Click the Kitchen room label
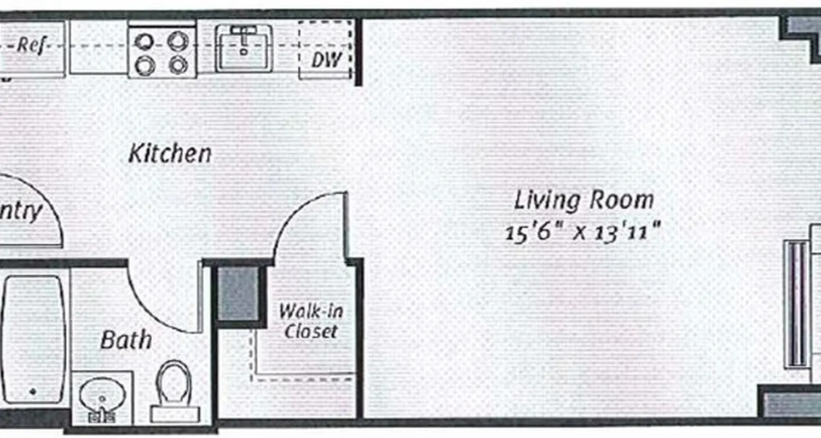click(170, 154)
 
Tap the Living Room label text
click(583, 201)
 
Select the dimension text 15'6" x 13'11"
click(582, 233)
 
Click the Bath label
click(126, 341)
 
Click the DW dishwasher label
click(326, 59)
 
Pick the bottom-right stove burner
click(178, 66)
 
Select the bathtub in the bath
click(34, 339)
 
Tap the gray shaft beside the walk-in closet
click(239, 294)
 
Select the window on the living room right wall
click(796, 304)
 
